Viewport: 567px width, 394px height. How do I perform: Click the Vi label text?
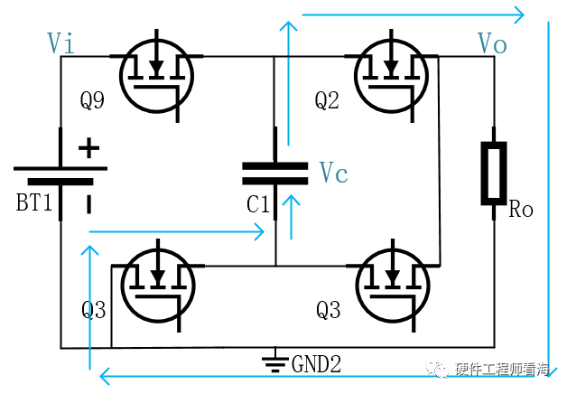click(x=60, y=43)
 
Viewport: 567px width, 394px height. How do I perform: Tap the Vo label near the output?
click(x=492, y=43)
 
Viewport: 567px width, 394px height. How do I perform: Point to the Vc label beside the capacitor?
click(x=333, y=173)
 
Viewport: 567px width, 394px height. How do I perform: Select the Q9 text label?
click(x=92, y=100)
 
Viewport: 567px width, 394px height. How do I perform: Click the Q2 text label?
click(x=327, y=100)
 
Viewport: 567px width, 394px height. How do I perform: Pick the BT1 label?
click(x=34, y=202)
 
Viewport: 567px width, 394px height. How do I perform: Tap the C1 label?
click(x=258, y=204)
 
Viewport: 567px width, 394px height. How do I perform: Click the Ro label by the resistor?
click(x=521, y=209)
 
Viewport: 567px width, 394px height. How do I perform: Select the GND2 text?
click(x=316, y=364)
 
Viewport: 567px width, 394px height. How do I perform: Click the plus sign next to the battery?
click(x=89, y=148)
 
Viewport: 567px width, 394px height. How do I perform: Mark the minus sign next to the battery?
click(x=89, y=204)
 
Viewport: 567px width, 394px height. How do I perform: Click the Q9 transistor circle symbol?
click(x=156, y=76)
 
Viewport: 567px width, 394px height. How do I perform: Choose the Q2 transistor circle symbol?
click(x=392, y=76)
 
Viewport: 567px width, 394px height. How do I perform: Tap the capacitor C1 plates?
click(x=275, y=174)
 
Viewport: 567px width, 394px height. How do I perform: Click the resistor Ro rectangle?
click(x=494, y=174)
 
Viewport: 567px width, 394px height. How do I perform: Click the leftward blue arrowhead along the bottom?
click(x=105, y=376)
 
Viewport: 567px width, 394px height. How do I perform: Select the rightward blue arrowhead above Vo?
click(x=519, y=14)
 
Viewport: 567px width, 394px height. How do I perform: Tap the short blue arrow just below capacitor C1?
click(x=291, y=217)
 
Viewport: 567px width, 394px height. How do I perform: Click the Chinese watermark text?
click(x=503, y=370)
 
